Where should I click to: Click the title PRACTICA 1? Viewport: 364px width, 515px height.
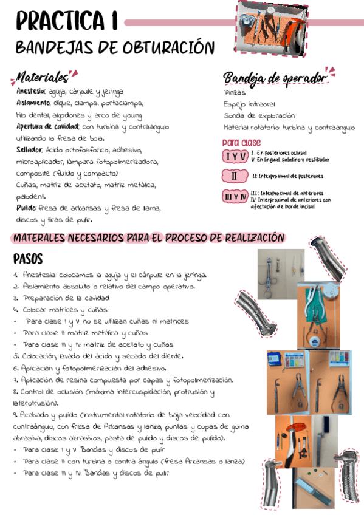67,22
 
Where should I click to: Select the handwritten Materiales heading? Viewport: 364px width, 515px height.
42,78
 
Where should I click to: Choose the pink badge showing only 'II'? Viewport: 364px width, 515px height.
235,177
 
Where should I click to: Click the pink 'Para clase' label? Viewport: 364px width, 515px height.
241,143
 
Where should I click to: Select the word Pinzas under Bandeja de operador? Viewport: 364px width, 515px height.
235,93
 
